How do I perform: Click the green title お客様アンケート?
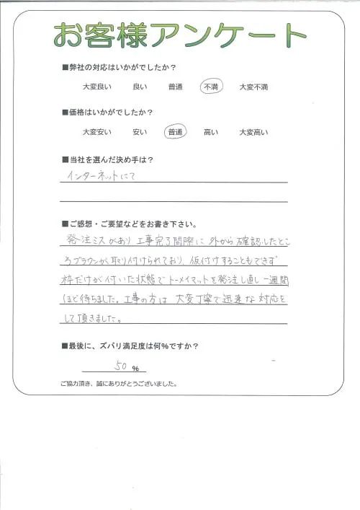pos(180,35)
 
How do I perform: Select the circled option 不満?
pos(211,87)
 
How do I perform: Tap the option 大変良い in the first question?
pos(97,87)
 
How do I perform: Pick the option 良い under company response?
pos(140,87)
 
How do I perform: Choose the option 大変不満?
pos(253,87)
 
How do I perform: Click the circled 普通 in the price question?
pos(175,132)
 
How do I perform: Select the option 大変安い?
pos(97,132)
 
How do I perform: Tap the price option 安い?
pos(140,132)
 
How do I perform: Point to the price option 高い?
pos(211,132)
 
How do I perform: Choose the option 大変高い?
pos(253,132)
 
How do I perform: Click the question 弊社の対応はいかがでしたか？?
pos(122,68)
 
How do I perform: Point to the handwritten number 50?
pos(121,366)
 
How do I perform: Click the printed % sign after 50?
pos(135,369)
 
